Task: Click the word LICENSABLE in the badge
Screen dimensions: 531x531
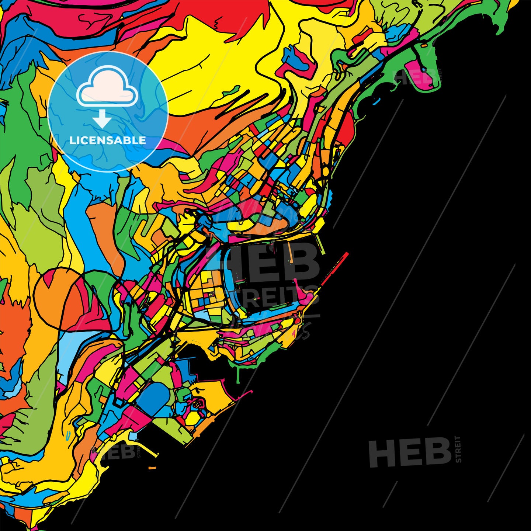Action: [x=108, y=140]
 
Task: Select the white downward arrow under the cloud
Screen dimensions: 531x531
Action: [x=102, y=119]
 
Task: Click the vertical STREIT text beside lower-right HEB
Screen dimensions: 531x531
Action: [x=458, y=449]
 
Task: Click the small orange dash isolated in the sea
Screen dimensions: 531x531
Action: [x=152, y=468]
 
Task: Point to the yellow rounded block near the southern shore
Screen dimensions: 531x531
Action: [x=192, y=418]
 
